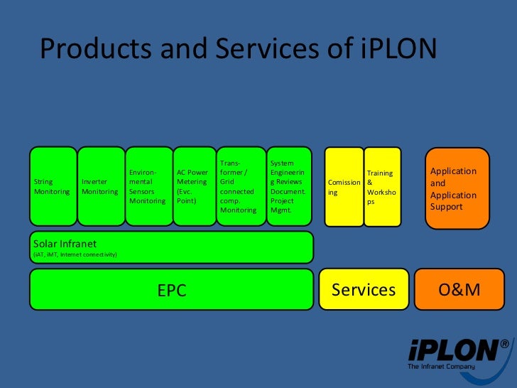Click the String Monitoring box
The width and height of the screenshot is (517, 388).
point(53,186)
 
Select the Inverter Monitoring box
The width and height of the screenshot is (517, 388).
point(100,186)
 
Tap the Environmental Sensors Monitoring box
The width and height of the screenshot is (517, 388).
point(148,186)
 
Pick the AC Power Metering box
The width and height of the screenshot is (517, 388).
point(193,186)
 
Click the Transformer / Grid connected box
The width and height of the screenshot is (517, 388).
point(241,186)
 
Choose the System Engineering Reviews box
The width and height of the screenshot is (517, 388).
point(290,186)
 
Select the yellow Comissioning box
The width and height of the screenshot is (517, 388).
point(344,187)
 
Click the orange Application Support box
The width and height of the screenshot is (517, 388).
point(457,188)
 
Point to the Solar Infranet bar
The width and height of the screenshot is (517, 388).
point(171,247)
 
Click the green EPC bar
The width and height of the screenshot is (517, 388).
point(171,289)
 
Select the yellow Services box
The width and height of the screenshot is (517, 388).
point(364,289)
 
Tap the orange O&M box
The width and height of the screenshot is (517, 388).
point(459,289)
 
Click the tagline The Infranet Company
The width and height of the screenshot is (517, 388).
point(441,367)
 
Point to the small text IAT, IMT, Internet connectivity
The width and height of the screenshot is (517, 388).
point(75,254)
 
